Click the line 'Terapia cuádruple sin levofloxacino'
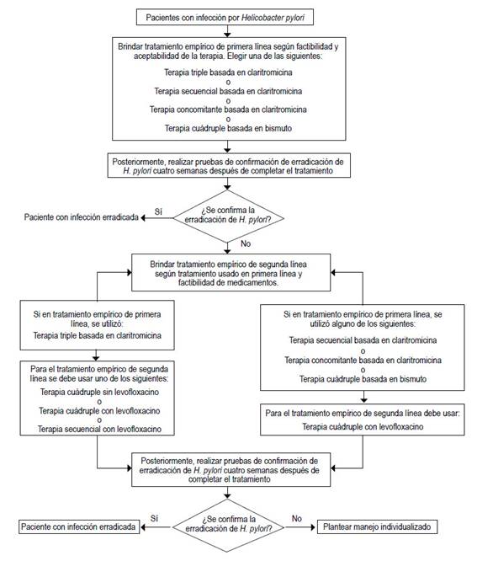[x=99, y=393]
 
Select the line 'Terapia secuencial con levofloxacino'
[x=99, y=430]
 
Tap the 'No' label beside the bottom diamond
[x=296, y=519]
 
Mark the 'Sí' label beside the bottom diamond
[x=155, y=519]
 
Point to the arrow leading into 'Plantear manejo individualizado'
[x=305, y=527]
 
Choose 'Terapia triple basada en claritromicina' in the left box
[x=99, y=337]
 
